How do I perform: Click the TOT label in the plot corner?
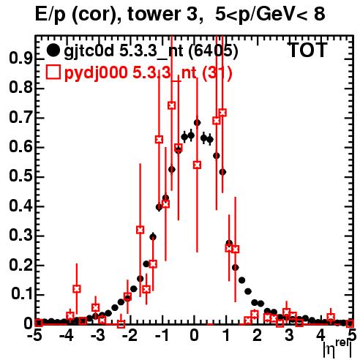click(x=308, y=50)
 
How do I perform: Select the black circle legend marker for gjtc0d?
click(x=53, y=50)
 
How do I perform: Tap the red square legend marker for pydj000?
click(x=53, y=72)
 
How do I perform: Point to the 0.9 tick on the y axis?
click(x=20, y=59)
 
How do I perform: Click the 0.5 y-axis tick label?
click(x=20, y=177)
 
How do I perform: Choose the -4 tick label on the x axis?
click(x=66, y=335)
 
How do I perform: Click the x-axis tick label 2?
click(x=258, y=335)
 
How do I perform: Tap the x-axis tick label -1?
click(x=162, y=335)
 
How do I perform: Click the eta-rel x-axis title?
click(x=337, y=350)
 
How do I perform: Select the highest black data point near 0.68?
click(x=198, y=123)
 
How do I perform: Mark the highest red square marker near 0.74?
click(x=172, y=105)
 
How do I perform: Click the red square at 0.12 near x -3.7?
click(x=77, y=289)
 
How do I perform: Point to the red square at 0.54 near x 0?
click(x=198, y=165)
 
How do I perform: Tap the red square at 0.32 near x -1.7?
click(x=140, y=230)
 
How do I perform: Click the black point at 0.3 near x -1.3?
click(x=153, y=237)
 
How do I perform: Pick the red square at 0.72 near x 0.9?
click(x=222, y=113)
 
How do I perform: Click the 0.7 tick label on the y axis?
click(x=20, y=118)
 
